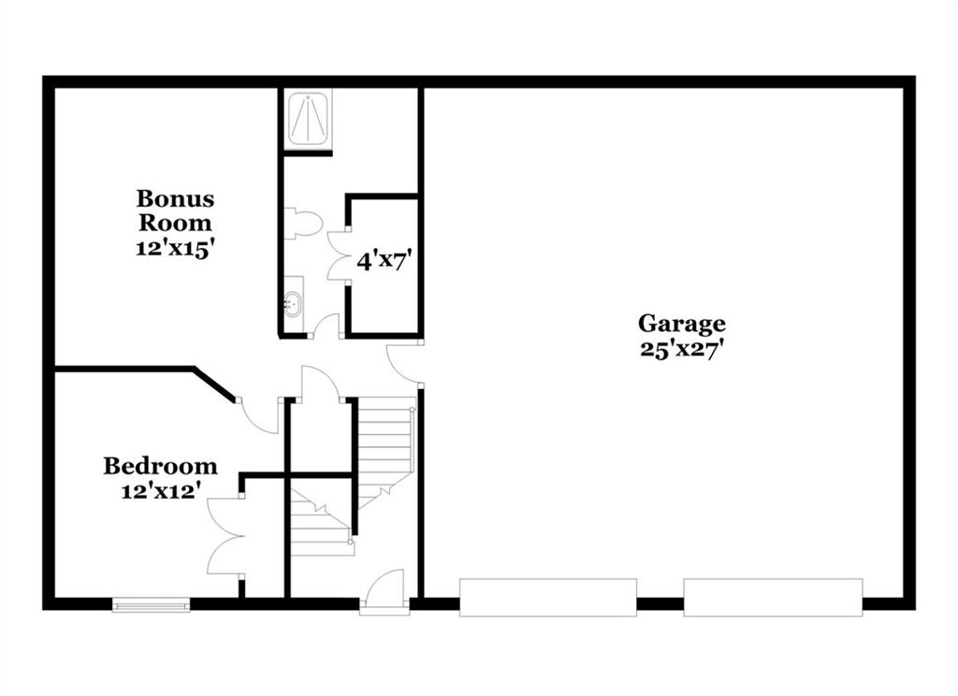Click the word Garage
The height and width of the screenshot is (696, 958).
click(x=682, y=324)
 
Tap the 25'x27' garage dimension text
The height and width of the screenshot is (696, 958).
click(x=682, y=349)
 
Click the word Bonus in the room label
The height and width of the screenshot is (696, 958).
click(x=175, y=198)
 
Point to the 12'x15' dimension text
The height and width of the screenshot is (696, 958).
click(x=175, y=249)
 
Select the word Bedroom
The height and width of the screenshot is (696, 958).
click(x=160, y=466)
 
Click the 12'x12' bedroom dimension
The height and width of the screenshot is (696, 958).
click(x=161, y=491)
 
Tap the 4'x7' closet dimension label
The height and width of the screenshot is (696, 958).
click(x=382, y=262)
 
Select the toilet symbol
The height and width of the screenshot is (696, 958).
click(x=303, y=223)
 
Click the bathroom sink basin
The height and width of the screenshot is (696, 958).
click(x=293, y=303)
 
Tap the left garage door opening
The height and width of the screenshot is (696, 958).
click(x=548, y=597)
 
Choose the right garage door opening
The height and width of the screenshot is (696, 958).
click(x=773, y=597)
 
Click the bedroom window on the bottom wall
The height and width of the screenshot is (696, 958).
click(x=151, y=605)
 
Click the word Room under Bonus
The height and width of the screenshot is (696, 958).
click(x=175, y=223)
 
